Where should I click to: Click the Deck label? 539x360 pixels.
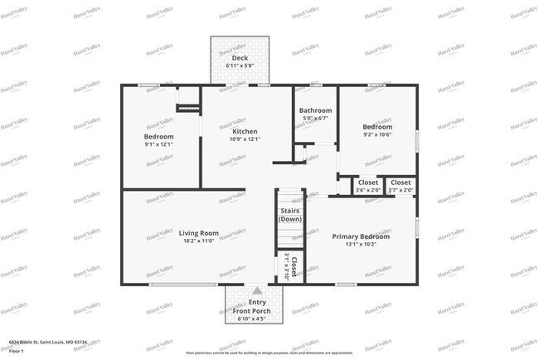pos(240,57)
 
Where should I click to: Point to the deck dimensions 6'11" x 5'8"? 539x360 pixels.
pos(240,66)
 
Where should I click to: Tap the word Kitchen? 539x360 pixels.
pos(245,131)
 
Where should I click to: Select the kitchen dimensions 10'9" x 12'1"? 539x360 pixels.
pos(245,139)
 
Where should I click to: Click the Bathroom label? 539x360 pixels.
pos(316,110)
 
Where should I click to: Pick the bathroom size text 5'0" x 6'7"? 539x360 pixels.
pos(316,119)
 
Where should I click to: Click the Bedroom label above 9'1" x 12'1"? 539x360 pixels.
pos(158,136)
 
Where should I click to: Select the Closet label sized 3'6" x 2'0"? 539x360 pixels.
pos(367,182)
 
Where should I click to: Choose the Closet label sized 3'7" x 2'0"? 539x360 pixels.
pos(401,182)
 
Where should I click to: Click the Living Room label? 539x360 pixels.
pos(198,232)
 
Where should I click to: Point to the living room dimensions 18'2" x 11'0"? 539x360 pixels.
pos(198,241)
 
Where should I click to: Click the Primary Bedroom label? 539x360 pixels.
pos(361,236)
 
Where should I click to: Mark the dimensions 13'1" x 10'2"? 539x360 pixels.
pos(361,245)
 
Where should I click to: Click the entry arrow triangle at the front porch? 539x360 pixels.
pos(257,291)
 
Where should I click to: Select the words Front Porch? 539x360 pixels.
pos(257,311)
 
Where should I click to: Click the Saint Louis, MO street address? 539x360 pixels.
pos(48,342)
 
